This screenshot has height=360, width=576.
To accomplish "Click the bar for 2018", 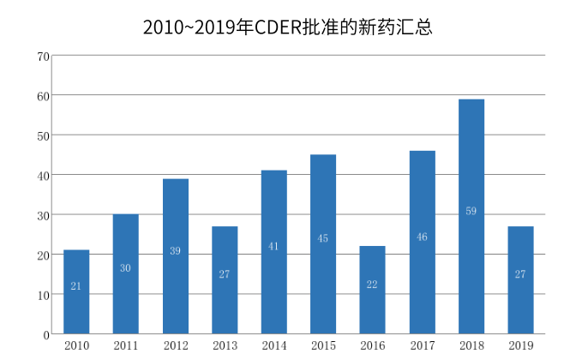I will [x=471, y=216].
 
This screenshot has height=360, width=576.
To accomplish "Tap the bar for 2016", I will [x=372, y=290].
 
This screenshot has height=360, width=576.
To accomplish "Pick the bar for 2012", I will [x=175, y=255].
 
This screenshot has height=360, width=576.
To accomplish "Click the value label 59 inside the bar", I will [x=471, y=211].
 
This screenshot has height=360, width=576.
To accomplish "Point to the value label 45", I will [x=322, y=238].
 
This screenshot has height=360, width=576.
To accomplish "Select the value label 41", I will [x=273, y=246].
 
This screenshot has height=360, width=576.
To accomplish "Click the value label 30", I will [x=125, y=268].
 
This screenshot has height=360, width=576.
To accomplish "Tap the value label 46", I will [x=422, y=237].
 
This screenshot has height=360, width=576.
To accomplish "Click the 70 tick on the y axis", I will [x=43, y=57].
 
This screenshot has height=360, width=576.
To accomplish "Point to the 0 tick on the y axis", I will [x=46, y=334].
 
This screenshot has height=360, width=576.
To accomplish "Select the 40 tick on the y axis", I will [x=43, y=176].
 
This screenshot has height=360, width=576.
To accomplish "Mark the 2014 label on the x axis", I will [x=273, y=345].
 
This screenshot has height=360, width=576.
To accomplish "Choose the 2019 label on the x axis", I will [x=520, y=345].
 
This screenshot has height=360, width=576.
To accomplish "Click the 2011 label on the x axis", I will [x=125, y=345].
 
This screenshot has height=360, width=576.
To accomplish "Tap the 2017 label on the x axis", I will [x=422, y=345].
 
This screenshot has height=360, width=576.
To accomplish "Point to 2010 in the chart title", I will [x=159, y=27].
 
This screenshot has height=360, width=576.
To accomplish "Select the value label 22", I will [x=372, y=285].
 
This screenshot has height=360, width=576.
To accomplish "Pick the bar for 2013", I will [x=225, y=279].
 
